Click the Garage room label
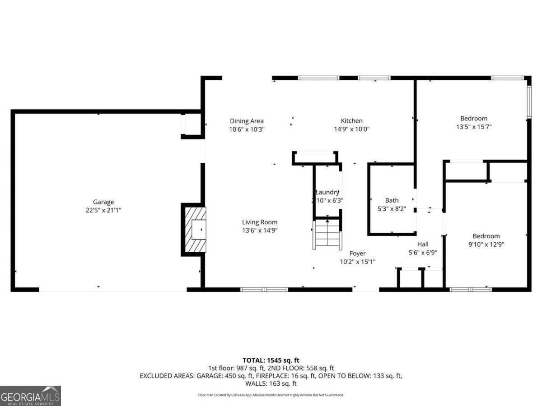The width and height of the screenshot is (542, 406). (x=103, y=202)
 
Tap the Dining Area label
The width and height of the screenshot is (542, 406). (x=247, y=121)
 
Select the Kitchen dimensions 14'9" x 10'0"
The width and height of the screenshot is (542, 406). (x=351, y=129)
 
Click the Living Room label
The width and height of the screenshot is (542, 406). (x=260, y=222)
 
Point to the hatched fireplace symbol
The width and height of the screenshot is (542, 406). (x=194, y=230)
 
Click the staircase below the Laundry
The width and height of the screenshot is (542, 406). (x=327, y=234)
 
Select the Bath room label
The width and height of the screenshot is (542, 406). (x=392, y=200)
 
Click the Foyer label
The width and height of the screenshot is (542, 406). (x=357, y=254)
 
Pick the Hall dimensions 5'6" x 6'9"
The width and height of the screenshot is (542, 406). (x=423, y=253)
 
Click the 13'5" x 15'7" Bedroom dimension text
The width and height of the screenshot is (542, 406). (x=473, y=127)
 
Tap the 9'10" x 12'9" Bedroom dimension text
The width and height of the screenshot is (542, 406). (x=486, y=244)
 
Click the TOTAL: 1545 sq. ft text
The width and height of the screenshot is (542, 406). (x=271, y=360)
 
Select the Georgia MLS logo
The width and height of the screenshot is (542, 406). (x=30, y=396)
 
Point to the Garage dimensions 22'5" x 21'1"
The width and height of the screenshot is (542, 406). (x=103, y=210)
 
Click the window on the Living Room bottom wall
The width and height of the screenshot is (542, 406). (x=264, y=289)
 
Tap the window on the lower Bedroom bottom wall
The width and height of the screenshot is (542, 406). (x=471, y=289)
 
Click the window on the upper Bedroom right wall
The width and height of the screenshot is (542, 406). (x=529, y=102)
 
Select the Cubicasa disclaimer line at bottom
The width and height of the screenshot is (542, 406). (x=271, y=395)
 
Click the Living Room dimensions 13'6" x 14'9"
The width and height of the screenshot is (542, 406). (x=260, y=230)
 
